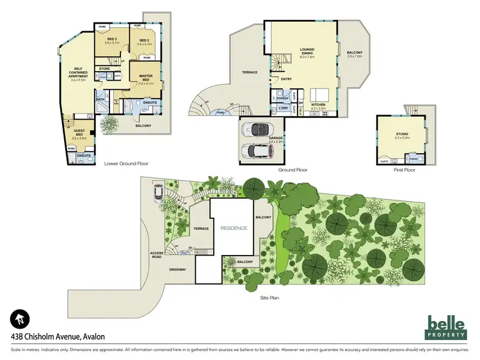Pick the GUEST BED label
tap(79, 133)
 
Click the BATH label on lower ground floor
tap(100, 99)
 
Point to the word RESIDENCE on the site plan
tap(233, 227)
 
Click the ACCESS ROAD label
tap(157, 254)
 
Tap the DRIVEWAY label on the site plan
tap(178, 269)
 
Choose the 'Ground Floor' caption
tap(293, 170)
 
